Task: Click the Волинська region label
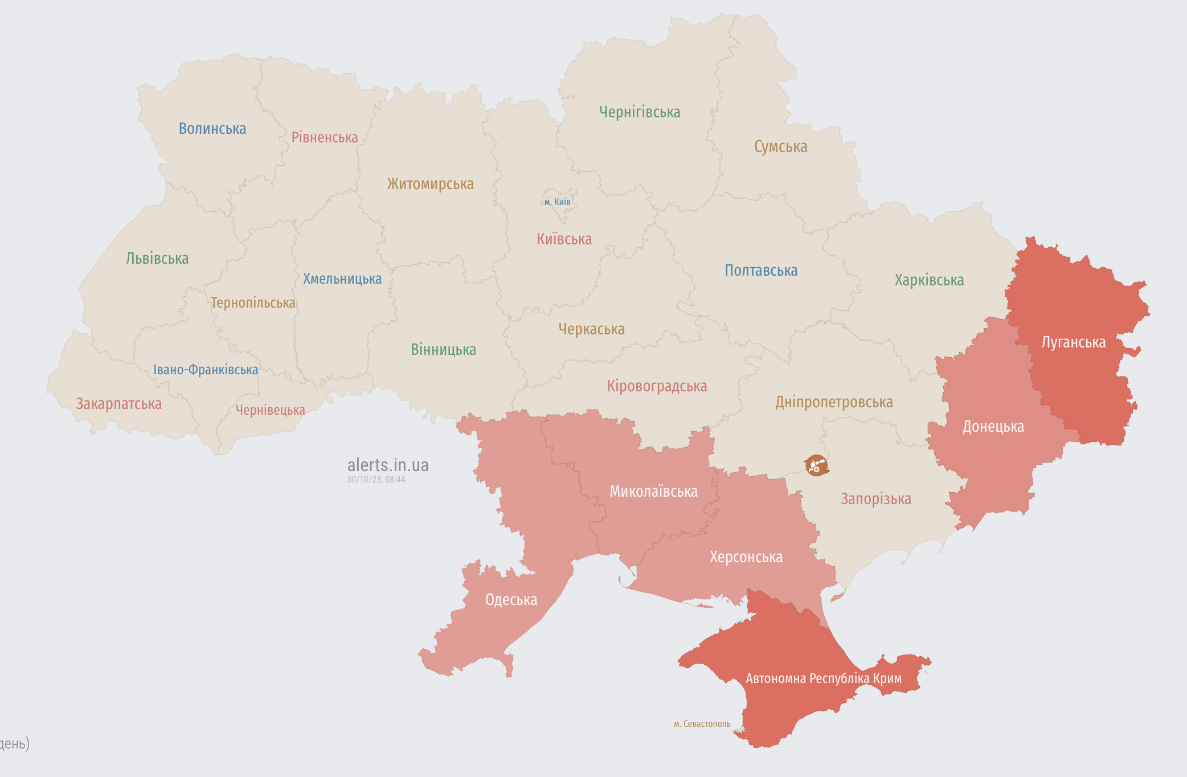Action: click(x=212, y=129)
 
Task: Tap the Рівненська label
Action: click(x=325, y=137)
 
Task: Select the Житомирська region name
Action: click(x=431, y=184)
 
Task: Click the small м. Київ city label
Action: click(x=557, y=202)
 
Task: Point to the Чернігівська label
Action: click(x=640, y=112)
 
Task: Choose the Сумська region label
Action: click(x=780, y=147)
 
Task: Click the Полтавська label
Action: click(x=761, y=271)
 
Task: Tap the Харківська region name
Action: click(x=929, y=280)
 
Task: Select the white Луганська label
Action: click(x=1073, y=342)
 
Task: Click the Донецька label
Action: click(x=993, y=427)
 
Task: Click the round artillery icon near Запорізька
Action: click(x=816, y=465)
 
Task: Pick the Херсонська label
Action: click(x=746, y=557)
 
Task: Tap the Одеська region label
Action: click(x=511, y=600)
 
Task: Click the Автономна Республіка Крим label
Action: click(x=823, y=678)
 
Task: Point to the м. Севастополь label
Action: click(x=702, y=724)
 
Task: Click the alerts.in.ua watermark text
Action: click(x=388, y=465)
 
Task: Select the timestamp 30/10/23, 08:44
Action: click(x=376, y=480)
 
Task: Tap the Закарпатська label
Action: click(x=119, y=404)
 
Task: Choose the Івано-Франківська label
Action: click(x=206, y=370)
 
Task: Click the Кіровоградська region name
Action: click(x=657, y=386)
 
